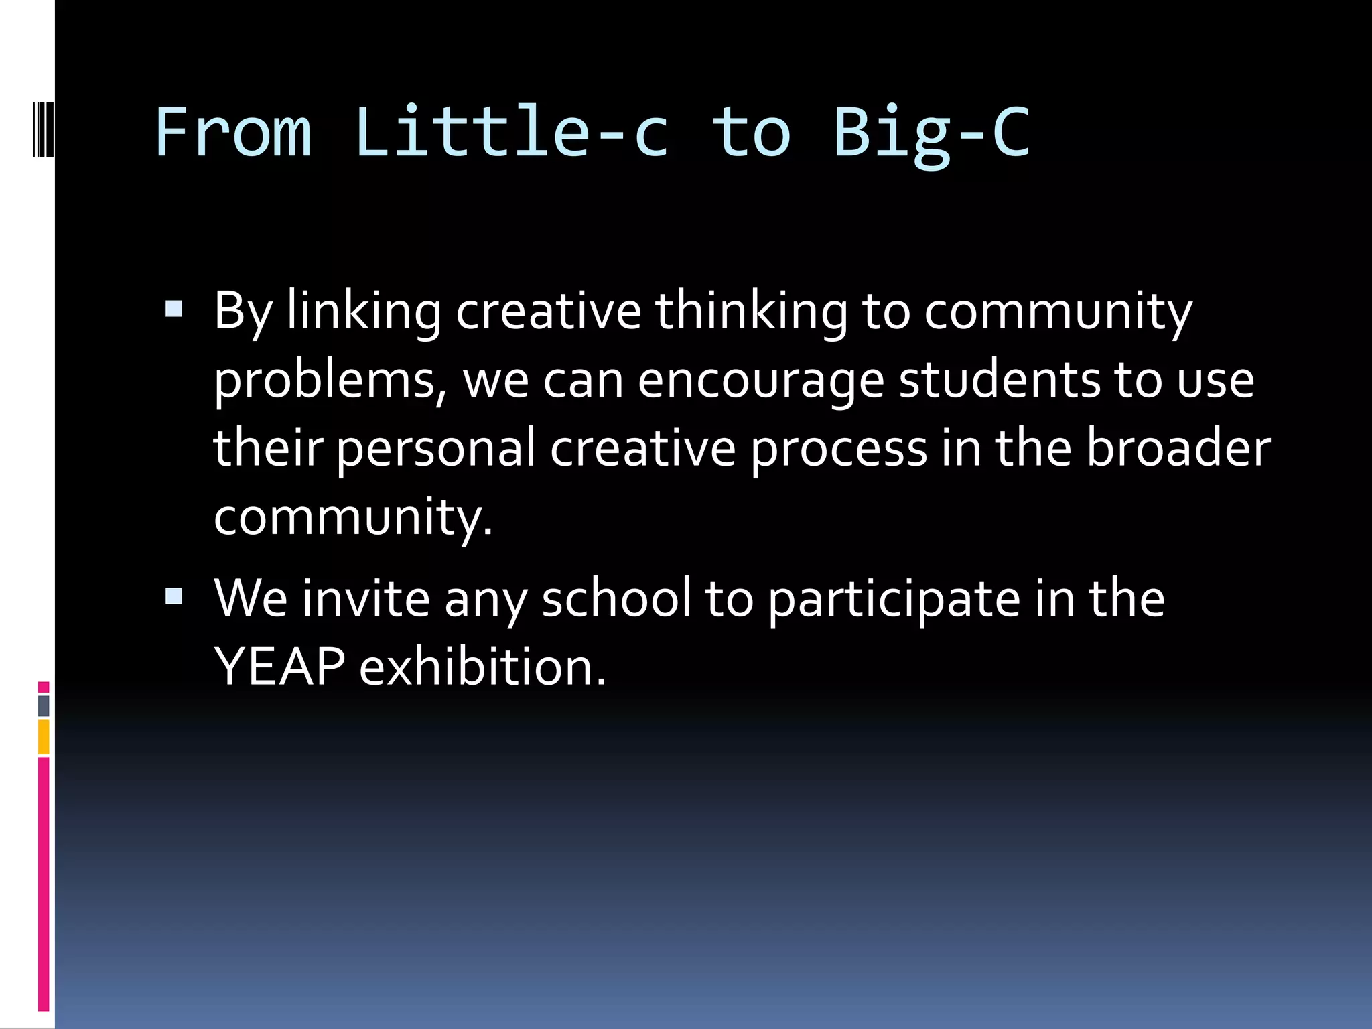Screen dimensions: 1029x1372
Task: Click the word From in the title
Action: tap(233, 133)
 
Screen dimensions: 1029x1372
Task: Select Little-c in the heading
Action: tap(512, 133)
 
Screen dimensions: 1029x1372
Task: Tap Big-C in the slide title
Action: tap(931, 133)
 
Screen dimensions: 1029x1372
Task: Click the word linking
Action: tap(364, 312)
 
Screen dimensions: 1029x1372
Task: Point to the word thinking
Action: tap(751, 312)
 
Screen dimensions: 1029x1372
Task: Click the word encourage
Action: tap(760, 381)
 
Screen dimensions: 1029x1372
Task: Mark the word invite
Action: tap(366, 598)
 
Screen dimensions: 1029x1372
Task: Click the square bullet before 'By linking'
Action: tap(174, 309)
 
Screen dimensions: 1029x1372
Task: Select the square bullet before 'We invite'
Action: tap(174, 596)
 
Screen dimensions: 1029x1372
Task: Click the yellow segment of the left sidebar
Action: tap(44, 737)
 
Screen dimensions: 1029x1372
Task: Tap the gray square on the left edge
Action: tap(44, 706)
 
